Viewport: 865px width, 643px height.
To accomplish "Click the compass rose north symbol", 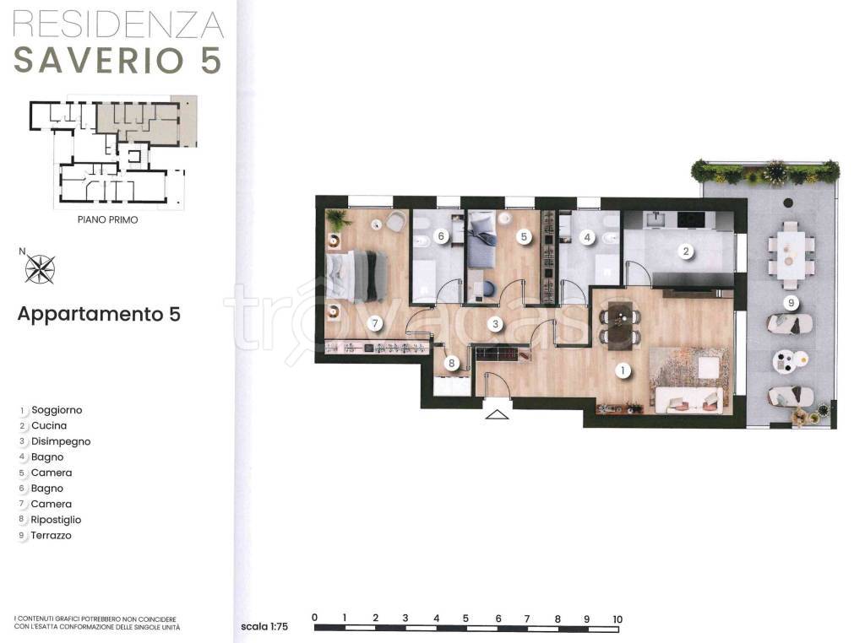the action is [x=39, y=268].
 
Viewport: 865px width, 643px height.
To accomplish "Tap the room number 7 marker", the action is [x=375, y=323].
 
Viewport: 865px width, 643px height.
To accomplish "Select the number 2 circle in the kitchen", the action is [x=686, y=251].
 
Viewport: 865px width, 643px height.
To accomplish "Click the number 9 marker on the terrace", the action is [x=791, y=302].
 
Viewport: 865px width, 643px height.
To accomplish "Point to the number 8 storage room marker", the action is [x=452, y=363].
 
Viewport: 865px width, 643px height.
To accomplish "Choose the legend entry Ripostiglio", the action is [x=56, y=520].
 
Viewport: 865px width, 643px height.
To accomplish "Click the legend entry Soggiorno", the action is [x=57, y=410].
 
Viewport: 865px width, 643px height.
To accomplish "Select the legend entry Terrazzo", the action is [x=51, y=535].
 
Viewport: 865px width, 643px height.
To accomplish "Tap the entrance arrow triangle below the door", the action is [x=497, y=414].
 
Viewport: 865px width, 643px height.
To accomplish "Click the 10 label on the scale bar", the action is [x=617, y=619].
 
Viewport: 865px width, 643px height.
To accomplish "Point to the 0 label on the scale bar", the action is [x=314, y=617].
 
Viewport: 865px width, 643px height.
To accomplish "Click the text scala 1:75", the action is [x=264, y=626].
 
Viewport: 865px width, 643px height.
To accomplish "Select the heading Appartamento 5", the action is [x=99, y=314].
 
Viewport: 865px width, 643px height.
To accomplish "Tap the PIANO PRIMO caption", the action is [x=107, y=219].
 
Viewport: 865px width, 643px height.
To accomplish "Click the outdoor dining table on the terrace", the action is [x=792, y=255].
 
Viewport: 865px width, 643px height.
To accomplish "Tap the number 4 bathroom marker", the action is [x=588, y=237].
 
